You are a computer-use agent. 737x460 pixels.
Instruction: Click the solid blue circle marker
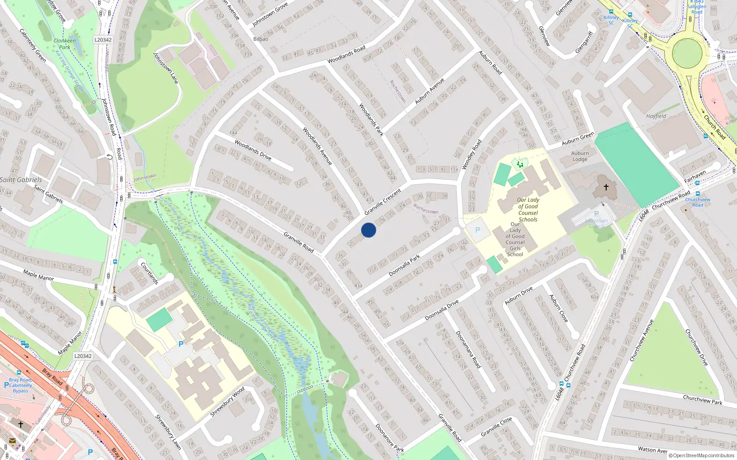(x=368, y=230)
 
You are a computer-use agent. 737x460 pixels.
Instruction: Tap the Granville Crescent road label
(x=382, y=202)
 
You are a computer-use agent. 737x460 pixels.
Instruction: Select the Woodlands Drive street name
(x=253, y=149)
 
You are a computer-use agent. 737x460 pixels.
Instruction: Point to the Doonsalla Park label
(x=404, y=265)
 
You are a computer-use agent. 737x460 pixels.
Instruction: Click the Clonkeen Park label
(x=64, y=44)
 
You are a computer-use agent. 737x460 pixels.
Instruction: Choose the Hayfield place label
(x=656, y=116)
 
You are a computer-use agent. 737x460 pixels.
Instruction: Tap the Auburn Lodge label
(x=580, y=156)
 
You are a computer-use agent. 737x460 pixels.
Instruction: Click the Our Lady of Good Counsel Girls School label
(x=515, y=239)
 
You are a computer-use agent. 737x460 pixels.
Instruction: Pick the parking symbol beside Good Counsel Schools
(x=478, y=230)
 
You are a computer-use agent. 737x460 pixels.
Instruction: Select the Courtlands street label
(x=149, y=273)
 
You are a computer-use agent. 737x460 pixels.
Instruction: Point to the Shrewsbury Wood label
(x=228, y=402)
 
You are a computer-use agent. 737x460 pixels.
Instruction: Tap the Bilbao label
(x=261, y=39)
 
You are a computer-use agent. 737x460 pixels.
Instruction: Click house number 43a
(x=358, y=286)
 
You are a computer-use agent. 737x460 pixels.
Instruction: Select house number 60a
(x=595, y=297)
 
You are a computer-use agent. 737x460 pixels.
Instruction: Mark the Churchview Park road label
(x=702, y=399)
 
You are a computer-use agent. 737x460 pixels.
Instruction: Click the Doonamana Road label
(x=468, y=350)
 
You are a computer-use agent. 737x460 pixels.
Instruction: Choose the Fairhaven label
(x=695, y=176)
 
